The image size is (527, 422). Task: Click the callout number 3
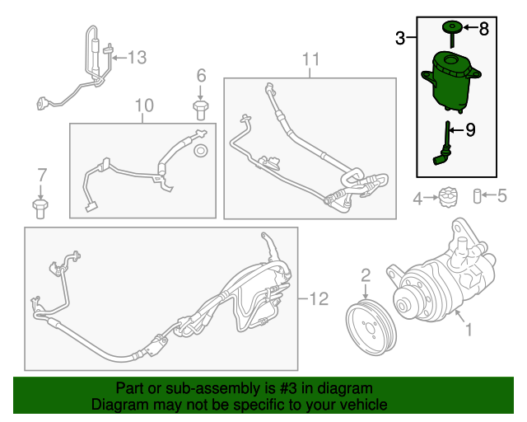400,38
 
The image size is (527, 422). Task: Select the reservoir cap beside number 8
451,29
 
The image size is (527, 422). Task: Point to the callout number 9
471,129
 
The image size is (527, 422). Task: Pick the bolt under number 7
40,206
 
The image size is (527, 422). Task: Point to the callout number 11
310,59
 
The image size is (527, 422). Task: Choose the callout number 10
143,105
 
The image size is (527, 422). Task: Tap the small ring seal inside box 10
199,151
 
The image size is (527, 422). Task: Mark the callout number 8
483,29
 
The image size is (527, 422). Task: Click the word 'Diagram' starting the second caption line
117,406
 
